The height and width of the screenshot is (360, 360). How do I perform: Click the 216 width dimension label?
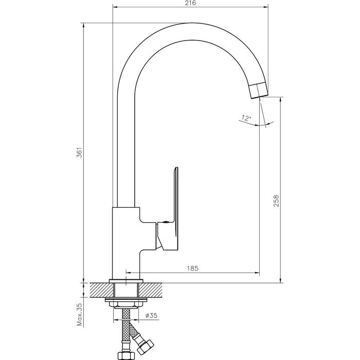tap(190, 3)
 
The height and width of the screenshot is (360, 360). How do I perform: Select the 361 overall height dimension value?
tap(79, 152)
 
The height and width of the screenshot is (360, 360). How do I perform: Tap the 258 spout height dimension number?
tap(276, 201)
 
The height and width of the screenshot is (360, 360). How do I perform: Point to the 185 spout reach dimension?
tap(192, 268)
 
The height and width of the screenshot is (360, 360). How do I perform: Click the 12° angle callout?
tap(246, 118)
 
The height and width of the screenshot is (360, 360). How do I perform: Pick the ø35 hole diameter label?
tap(151, 315)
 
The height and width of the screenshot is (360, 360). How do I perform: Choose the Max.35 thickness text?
tap(79, 314)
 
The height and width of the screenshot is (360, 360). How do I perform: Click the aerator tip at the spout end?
tap(259, 91)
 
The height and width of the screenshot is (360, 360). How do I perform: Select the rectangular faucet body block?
tap(126, 243)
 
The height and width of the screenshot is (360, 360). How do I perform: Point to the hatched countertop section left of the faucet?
tap(102, 290)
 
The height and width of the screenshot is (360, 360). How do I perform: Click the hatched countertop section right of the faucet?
tap(150, 290)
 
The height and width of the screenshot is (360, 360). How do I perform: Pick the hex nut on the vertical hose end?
tap(126, 356)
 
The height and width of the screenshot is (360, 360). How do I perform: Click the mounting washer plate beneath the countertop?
tap(126, 300)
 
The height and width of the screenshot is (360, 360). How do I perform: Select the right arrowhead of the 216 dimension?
tap(266, 7)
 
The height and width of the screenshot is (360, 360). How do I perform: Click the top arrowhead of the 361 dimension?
tap(83, 26)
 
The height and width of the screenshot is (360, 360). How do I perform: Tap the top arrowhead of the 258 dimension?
tap(280, 100)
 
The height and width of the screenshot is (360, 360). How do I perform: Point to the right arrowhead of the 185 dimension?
tap(257, 273)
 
